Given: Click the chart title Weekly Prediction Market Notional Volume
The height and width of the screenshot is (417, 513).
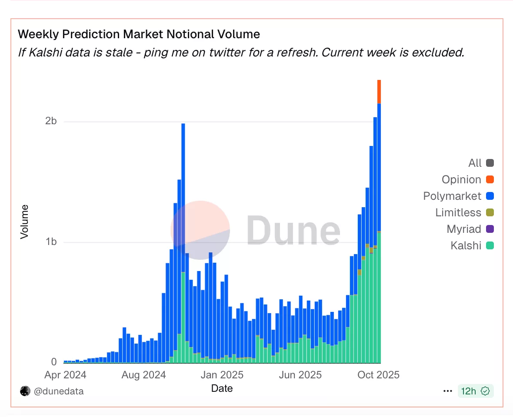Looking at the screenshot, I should click(139, 34).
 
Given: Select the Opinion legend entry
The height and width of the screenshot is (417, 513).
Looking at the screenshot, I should click(461, 180).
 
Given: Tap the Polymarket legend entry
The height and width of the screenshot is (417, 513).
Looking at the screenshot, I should click(452, 196).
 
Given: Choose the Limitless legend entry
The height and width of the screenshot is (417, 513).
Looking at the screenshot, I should click(458, 213).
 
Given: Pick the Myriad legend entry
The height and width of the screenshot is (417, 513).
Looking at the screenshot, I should click(464, 229).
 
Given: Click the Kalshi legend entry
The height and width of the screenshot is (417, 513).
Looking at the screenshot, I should click(466, 246).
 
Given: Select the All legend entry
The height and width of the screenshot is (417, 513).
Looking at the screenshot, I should click(475, 163).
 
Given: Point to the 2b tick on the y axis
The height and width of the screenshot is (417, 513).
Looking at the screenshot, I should click(51, 121).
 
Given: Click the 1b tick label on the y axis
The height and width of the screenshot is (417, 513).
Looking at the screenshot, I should click(51, 242).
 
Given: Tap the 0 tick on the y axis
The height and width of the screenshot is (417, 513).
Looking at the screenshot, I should click(54, 362).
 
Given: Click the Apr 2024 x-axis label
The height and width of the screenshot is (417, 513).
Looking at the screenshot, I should click(65, 375).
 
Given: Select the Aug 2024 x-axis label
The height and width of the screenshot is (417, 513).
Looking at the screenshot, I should click(143, 375).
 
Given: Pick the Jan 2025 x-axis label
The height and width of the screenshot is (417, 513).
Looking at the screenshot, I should click(222, 375).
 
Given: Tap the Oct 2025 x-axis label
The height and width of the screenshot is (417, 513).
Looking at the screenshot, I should click(378, 375).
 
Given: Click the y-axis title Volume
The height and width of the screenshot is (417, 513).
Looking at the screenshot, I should click(24, 222).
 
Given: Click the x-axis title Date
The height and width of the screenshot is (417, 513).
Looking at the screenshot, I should click(222, 388).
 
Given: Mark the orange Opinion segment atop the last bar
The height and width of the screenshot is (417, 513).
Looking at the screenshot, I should click(379, 92).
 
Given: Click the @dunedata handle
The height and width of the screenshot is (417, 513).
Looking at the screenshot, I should click(59, 391).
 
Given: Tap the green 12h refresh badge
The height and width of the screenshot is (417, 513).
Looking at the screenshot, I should click(475, 391).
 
